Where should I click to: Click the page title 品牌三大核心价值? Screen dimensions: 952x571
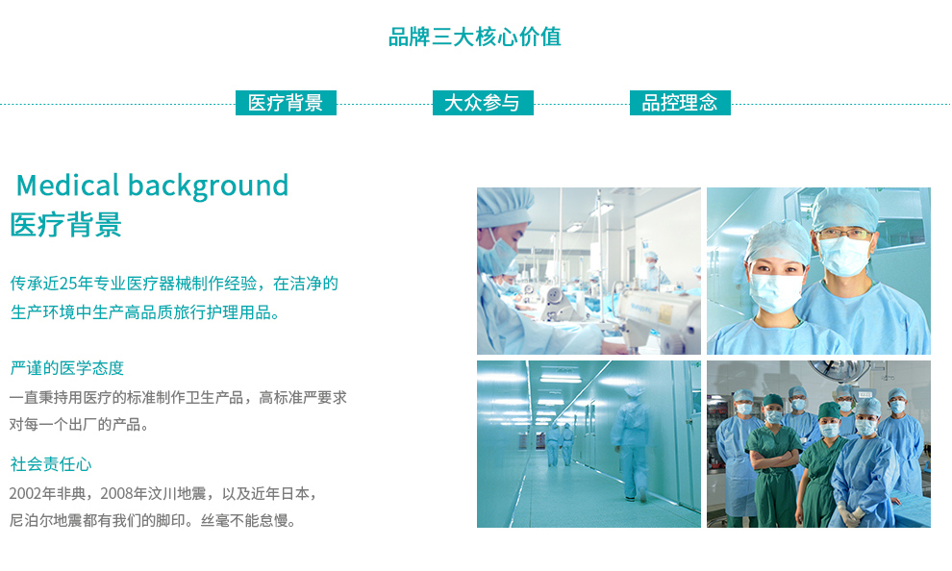475,37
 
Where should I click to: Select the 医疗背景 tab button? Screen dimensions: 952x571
286,103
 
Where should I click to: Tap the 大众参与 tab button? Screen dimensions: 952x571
483,103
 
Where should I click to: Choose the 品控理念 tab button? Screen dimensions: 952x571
680,103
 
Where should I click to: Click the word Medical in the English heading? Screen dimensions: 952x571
67,186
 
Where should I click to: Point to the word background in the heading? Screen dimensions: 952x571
209,186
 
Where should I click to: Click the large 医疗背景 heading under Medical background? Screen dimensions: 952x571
65,225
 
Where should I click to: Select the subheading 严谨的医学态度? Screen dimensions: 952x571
66,368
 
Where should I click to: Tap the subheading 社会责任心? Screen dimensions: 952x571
51,464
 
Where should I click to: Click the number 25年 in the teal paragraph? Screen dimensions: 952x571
76,284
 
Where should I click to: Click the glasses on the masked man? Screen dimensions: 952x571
844,234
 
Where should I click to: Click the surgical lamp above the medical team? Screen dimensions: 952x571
840,368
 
